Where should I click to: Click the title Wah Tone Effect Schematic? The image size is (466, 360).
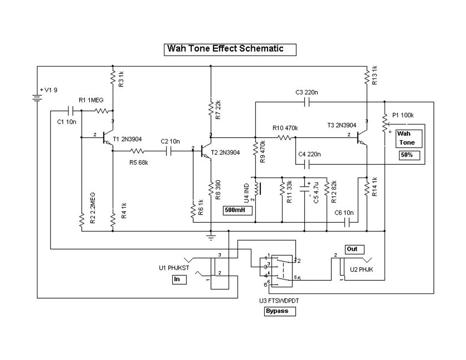[230, 49]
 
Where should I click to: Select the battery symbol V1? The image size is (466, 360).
[37, 98]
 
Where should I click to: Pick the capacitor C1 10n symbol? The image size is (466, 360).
[72, 111]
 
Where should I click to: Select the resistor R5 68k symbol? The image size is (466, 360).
[137, 150]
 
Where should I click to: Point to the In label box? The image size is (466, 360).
[179, 280]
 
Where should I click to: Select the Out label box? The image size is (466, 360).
[354, 249]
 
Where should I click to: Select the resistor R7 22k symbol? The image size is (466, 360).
[211, 108]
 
